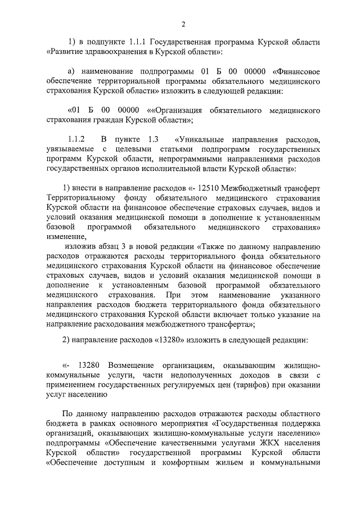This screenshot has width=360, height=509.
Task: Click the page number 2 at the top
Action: [183, 23]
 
